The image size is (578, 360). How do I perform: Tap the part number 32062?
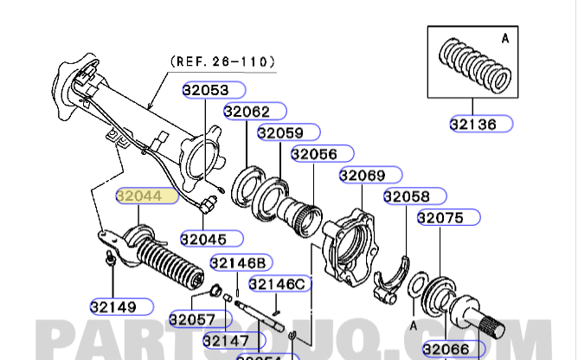[247, 112]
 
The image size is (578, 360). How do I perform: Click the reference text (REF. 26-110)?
[222, 61]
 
